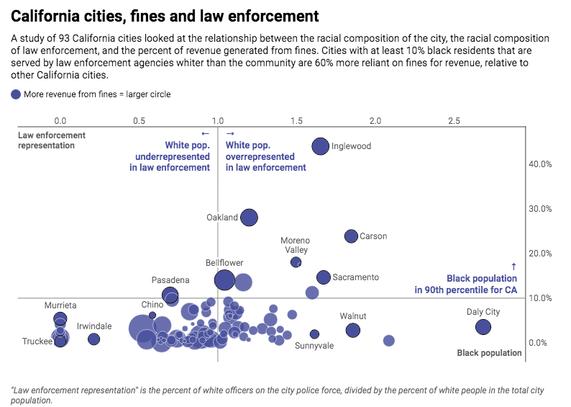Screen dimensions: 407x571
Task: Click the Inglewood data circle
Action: pyautogui.click(x=320, y=146)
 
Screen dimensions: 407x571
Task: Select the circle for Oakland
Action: pyautogui.click(x=249, y=218)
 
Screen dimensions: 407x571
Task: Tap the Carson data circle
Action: pyautogui.click(x=351, y=236)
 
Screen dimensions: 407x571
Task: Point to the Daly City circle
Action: pyautogui.click(x=483, y=327)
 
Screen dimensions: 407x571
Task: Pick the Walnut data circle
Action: pyautogui.click(x=352, y=330)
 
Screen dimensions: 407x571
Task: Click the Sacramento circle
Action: pyautogui.click(x=323, y=277)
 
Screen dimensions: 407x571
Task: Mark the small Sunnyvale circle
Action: pyautogui.click(x=314, y=334)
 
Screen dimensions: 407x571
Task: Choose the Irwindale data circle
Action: pyautogui.click(x=93, y=339)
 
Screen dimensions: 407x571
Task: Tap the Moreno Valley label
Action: pyautogui.click(x=295, y=245)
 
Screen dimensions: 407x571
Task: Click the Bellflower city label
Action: pyautogui.click(x=224, y=263)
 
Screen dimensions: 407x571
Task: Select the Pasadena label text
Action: pyautogui.click(x=170, y=279)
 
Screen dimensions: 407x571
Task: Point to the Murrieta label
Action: pyautogui.click(x=60, y=305)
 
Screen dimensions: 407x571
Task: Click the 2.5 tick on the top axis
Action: pyautogui.click(x=454, y=120)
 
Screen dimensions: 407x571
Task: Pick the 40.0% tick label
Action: pyautogui.click(x=540, y=164)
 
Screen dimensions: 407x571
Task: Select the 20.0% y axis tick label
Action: pyautogui.click(x=540, y=254)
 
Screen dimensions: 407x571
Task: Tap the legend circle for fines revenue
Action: pyautogui.click(x=16, y=94)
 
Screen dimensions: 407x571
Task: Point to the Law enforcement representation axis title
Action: pyautogui.click(x=51, y=140)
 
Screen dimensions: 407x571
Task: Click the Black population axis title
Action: pyautogui.click(x=489, y=353)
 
